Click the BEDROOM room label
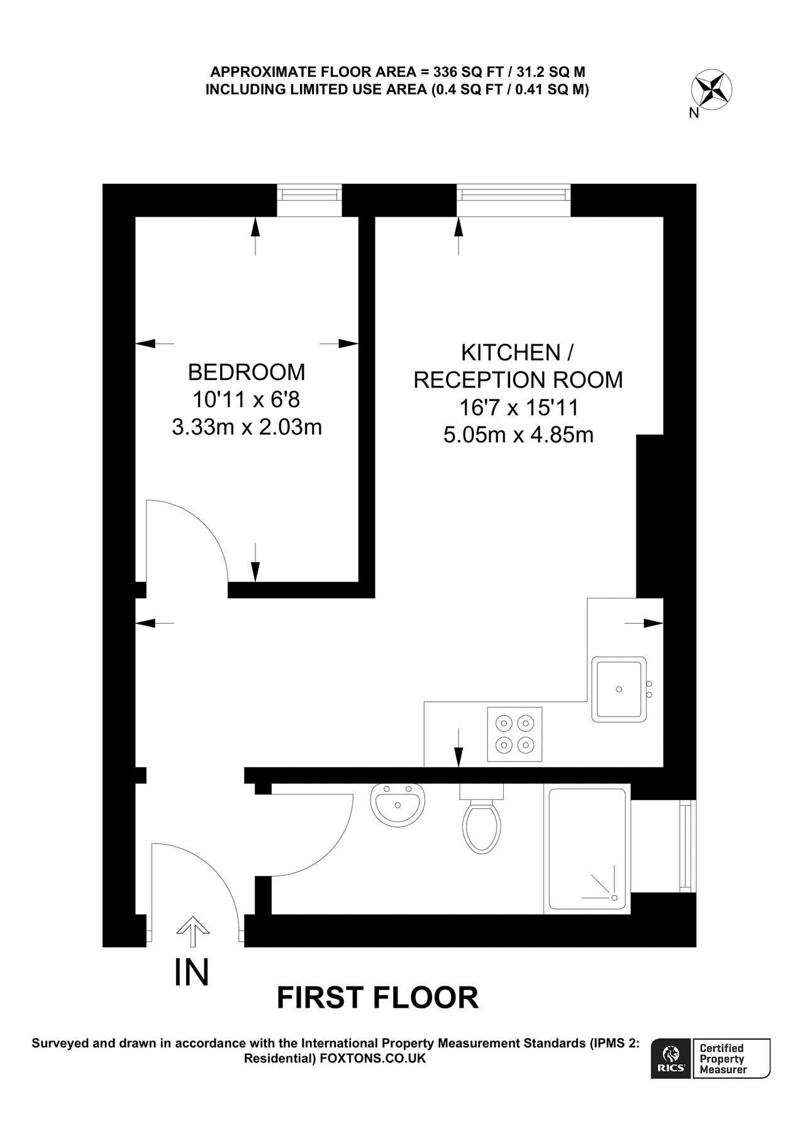[x=247, y=372]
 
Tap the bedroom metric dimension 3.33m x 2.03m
[x=247, y=427]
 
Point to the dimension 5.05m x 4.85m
[x=518, y=435]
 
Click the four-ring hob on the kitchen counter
[x=514, y=734]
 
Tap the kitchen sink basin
[x=619, y=689]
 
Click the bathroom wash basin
[x=397, y=803]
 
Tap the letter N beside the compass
[x=694, y=114]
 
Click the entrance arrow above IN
[x=192, y=931]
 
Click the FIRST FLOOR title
[x=377, y=998]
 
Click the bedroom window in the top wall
[x=310, y=193]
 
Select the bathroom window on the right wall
[x=687, y=845]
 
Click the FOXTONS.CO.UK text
[x=372, y=1059]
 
